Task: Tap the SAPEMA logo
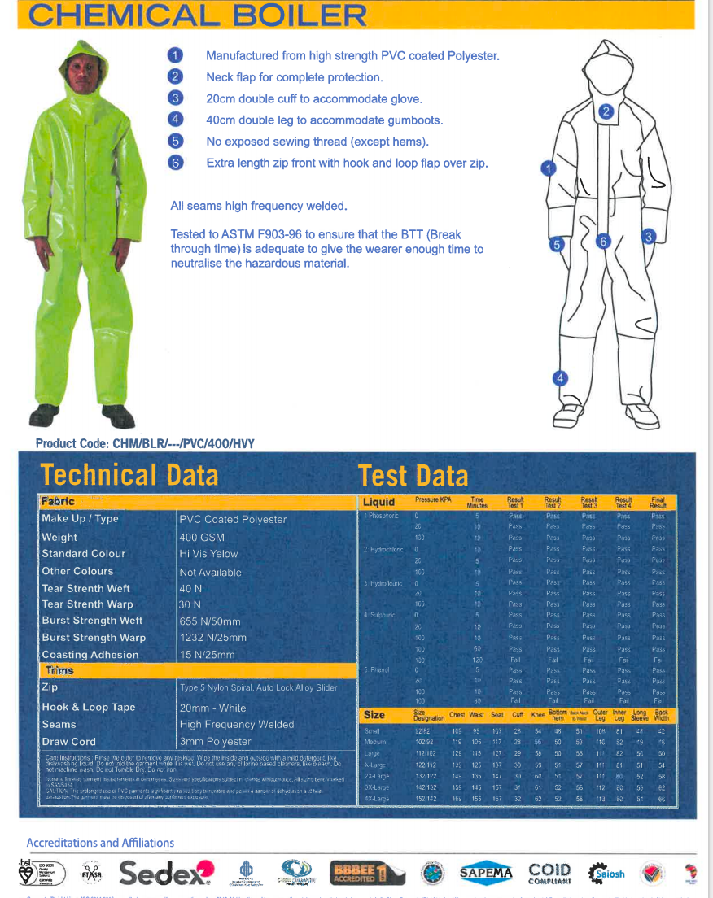pos(486,873)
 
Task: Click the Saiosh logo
pos(606,874)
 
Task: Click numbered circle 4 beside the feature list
pos(175,120)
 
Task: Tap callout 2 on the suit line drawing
pos(606,112)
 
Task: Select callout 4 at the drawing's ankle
pos(560,377)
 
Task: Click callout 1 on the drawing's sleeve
pos(548,169)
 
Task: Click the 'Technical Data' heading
pos(129,474)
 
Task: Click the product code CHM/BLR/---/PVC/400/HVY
pos(145,443)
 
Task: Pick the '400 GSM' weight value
pos(202,537)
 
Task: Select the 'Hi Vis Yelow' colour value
pos(208,554)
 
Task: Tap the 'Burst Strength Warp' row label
pos(94,638)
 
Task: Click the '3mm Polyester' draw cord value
pos(216,741)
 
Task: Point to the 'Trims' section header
pos(59,670)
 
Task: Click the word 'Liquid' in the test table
pos(378,502)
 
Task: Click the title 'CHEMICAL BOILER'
pos(197,15)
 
